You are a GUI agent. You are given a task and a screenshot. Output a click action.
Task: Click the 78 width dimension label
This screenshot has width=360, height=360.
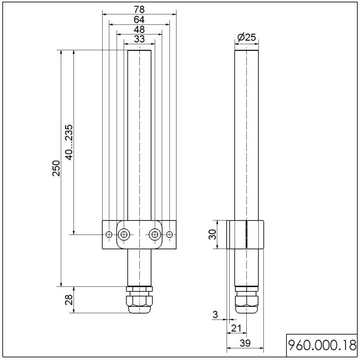[139, 9]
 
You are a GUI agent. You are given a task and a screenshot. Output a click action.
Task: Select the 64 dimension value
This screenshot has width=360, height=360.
[139, 19]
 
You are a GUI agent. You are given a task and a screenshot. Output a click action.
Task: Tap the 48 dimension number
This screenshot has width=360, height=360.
[139, 30]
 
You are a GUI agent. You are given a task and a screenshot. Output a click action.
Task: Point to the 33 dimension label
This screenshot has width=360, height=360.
[139, 39]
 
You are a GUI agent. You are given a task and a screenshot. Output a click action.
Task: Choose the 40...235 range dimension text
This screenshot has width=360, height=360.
[69, 142]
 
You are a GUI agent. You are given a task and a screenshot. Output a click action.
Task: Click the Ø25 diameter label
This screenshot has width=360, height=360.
[247, 37]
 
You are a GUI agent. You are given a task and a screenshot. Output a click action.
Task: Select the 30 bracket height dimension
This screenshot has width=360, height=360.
[213, 234]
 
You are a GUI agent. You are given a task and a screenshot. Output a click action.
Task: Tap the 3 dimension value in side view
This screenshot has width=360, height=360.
[215, 315]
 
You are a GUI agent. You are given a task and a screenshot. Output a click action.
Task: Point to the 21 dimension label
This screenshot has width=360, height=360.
[236, 328]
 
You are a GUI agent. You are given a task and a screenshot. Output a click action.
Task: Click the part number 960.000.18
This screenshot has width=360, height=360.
[322, 345]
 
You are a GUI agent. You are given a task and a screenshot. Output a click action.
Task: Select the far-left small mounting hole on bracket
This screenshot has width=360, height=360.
[109, 235]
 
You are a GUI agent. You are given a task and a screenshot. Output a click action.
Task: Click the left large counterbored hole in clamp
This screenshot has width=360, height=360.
[124, 235]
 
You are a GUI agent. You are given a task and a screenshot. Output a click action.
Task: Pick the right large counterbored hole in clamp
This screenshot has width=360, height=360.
[154, 235]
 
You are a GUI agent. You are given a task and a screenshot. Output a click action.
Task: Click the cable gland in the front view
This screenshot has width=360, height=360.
[139, 300]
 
